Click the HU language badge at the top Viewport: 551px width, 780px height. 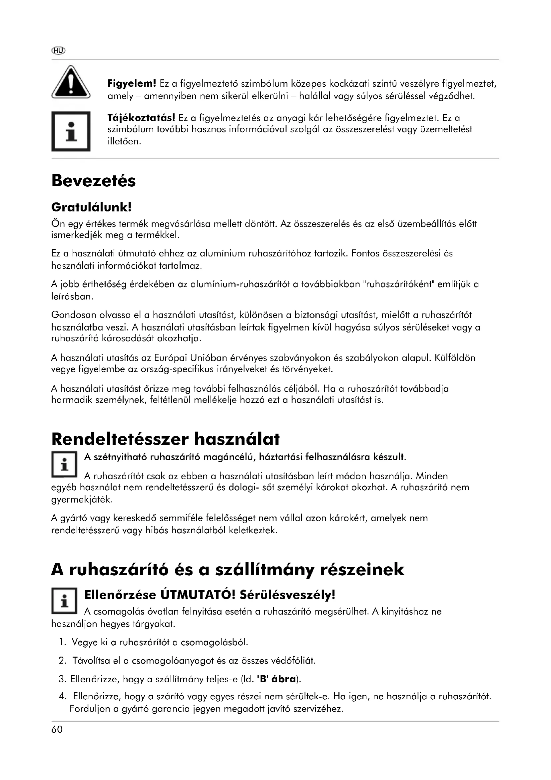tap(58, 51)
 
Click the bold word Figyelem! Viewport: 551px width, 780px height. tap(132, 83)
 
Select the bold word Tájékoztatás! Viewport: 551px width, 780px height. tap(141, 118)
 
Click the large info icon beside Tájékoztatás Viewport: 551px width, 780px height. tap(71, 131)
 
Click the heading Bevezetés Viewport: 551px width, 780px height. tap(93, 181)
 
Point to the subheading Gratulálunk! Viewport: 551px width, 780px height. tap(91, 207)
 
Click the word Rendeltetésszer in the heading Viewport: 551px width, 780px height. tap(120, 439)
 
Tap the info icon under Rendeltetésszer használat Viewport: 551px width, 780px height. tap(65, 465)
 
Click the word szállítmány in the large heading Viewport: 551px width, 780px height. tap(270, 570)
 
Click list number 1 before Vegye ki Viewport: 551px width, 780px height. tap(62, 642)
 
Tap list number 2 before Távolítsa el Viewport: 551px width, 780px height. tap(62, 661)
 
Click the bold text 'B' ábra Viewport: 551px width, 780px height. tap(276, 679)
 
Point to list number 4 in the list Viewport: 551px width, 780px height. tap(62, 697)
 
